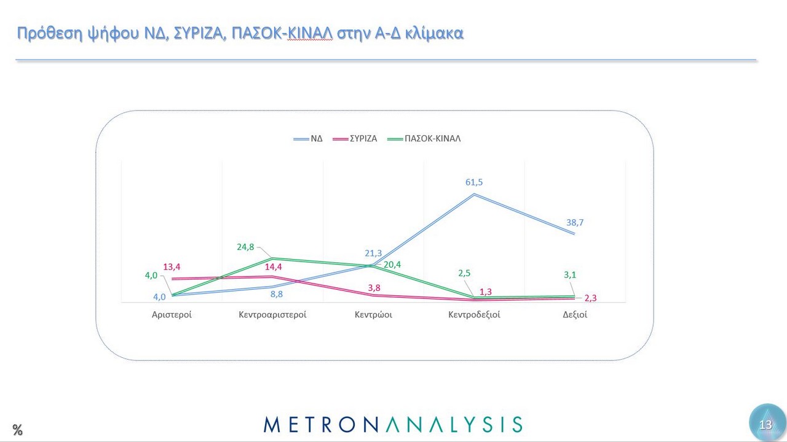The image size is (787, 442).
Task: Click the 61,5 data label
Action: pos(473,183)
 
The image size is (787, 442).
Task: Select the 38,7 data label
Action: pos(575,223)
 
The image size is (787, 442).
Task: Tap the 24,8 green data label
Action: pos(246,247)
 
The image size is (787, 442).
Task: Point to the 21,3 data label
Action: pos(373,254)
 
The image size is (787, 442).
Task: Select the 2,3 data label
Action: pos(590,298)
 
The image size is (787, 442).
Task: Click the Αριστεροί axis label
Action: pos(172,315)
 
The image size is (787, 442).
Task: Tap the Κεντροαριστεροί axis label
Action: pos(272,315)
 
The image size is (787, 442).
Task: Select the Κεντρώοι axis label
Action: pos(373,315)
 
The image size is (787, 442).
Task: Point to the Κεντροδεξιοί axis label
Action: pos(473,315)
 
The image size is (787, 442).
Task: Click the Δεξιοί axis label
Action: pos(575,315)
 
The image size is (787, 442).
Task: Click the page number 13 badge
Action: pos(765,425)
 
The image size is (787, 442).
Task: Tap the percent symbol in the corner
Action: pos(17,430)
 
